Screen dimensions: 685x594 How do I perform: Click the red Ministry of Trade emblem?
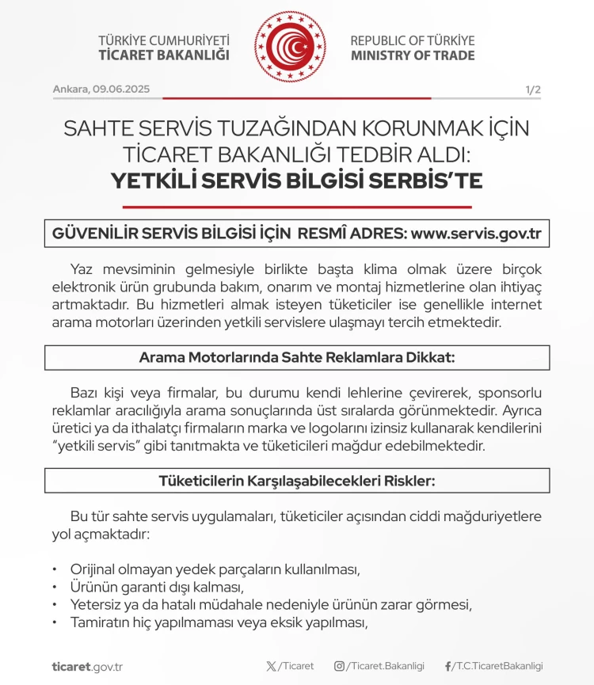coord(290,47)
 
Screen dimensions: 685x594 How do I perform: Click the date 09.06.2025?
coord(121,89)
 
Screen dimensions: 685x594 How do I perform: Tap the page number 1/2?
coord(533,89)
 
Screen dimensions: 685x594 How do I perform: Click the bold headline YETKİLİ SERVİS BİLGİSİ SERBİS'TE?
coord(296,181)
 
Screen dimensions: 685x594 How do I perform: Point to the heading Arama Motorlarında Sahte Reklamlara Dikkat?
coord(297,357)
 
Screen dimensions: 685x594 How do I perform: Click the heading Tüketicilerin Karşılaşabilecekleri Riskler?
coord(297,481)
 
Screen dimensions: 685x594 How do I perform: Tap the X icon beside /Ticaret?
coord(272,666)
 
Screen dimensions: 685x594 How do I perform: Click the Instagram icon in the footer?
coord(339,666)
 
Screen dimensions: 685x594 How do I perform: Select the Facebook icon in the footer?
coord(448,666)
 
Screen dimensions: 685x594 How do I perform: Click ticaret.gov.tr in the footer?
coord(87,667)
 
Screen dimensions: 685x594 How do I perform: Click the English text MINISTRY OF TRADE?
coord(413,55)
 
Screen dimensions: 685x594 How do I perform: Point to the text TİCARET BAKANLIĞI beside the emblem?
coord(164,55)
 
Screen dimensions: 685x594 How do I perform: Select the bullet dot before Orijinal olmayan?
coord(55,569)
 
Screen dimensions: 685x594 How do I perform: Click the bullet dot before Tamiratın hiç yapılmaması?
coord(55,622)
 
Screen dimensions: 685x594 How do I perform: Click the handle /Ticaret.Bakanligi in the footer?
coord(385,666)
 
